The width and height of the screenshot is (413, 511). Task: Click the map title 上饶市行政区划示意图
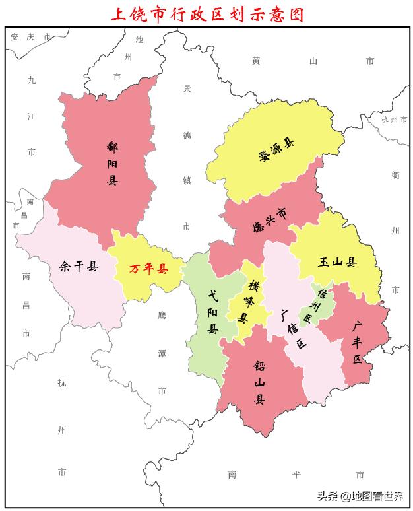point(206,14)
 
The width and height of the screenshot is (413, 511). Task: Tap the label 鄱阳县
point(111,162)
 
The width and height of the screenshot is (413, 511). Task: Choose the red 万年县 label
point(148,269)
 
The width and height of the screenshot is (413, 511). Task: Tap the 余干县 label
point(79,267)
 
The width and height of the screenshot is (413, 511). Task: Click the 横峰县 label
point(249,301)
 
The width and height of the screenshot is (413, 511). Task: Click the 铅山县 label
point(260,382)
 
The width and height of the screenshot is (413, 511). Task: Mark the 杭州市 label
point(395,119)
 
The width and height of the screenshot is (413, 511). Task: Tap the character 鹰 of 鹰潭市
point(162,316)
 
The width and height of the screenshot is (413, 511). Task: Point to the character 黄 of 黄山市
point(256,61)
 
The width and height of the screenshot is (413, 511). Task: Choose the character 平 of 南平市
point(296,474)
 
